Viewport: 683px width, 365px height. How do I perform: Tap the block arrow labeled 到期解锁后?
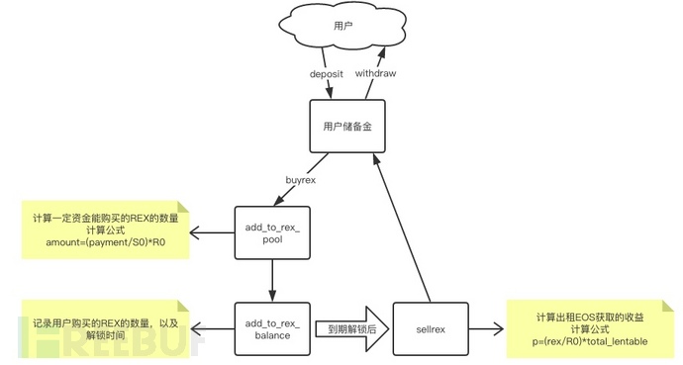(x=349, y=328)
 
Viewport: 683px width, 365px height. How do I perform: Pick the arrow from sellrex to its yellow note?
(x=485, y=328)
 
